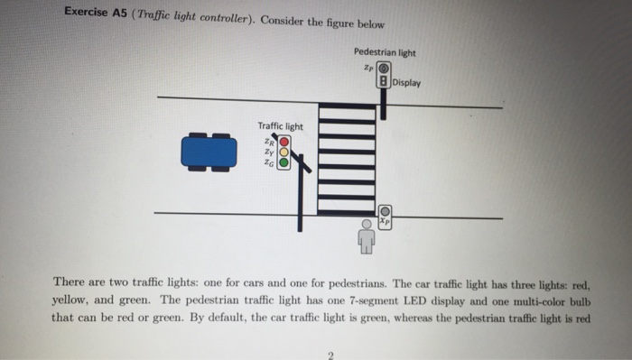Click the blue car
coord(209,152)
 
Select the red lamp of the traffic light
coord(283,142)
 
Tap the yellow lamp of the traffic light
coord(283,152)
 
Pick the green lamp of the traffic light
coord(283,163)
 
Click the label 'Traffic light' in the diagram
coord(281,126)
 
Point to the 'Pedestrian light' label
coord(385,51)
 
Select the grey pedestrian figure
coord(367,236)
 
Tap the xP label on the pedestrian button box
coord(385,219)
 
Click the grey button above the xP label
coord(385,209)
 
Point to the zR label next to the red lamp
coord(269,141)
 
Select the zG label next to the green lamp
coord(268,163)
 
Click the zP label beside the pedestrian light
coord(368,68)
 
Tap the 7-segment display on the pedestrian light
coord(385,84)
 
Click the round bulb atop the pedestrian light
coord(385,69)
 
